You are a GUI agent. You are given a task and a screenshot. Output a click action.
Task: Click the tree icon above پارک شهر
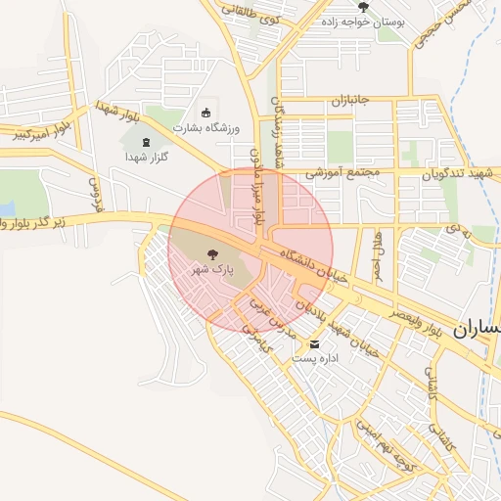[214, 253]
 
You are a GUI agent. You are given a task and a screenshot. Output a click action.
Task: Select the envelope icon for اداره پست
[314, 344]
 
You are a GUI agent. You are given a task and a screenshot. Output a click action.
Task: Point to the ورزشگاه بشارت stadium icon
[205, 112]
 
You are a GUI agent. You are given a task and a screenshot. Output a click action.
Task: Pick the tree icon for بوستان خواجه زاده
[363, 7]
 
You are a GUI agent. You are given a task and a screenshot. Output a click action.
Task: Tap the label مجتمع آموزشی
[342, 172]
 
